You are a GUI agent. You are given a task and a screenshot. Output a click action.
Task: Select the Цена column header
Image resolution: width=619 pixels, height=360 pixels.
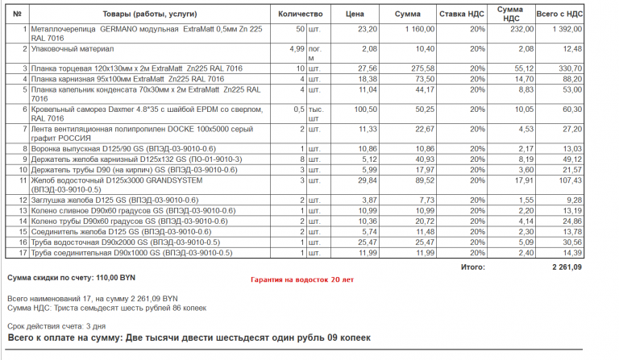[x=355, y=14]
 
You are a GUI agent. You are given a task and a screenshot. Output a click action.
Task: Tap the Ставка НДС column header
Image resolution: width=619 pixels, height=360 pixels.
[x=462, y=14]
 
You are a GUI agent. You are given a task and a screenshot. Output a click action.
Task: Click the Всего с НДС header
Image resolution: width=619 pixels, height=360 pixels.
[x=560, y=14]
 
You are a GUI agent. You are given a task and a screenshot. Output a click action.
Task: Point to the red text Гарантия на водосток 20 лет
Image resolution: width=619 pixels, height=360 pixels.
[x=301, y=279]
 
